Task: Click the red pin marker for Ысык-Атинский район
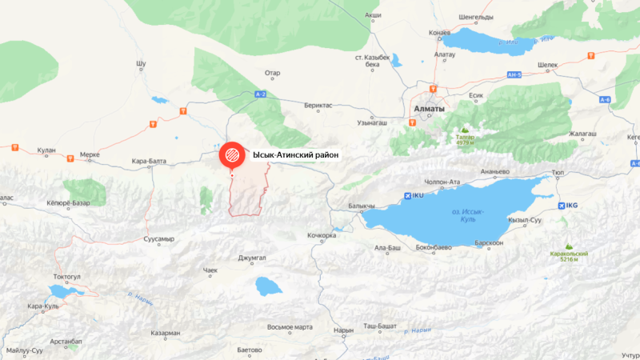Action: [x=232, y=154]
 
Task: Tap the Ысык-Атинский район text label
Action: [x=296, y=154]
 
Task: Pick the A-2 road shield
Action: [x=260, y=94]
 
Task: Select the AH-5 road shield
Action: [x=514, y=75]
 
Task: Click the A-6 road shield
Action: [x=604, y=99]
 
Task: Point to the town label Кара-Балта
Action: [x=150, y=161]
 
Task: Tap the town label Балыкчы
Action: [x=362, y=206]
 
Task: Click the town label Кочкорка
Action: [x=322, y=235]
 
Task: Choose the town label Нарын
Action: [x=343, y=330]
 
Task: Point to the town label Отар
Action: [x=273, y=73]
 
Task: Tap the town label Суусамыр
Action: [x=158, y=238]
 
